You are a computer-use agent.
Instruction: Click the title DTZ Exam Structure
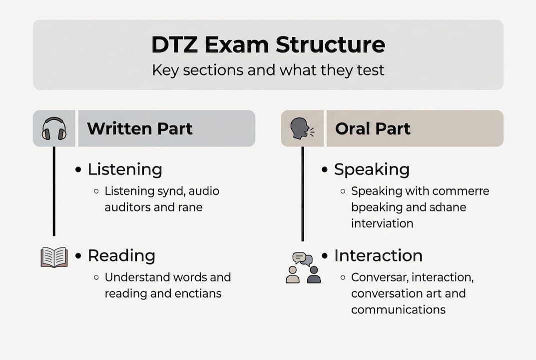tap(268, 45)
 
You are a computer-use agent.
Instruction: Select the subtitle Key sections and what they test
tap(268, 69)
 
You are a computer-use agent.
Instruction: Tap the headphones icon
tap(54, 128)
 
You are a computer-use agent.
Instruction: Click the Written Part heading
tap(139, 128)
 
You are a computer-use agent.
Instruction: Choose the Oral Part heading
tap(372, 128)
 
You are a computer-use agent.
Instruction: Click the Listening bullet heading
tap(124, 169)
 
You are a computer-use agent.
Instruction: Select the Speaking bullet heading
tap(371, 169)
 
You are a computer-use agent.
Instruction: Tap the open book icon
tap(54, 257)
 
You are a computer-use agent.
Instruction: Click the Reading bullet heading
tap(121, 255)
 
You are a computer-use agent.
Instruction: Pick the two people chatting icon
tap(303, 267)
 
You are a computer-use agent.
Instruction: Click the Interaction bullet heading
tap(378, 255)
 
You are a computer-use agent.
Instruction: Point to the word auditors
tap(128, 207)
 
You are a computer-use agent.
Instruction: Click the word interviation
tap(382, 223)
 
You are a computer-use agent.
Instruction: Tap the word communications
tap(398, 309)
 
